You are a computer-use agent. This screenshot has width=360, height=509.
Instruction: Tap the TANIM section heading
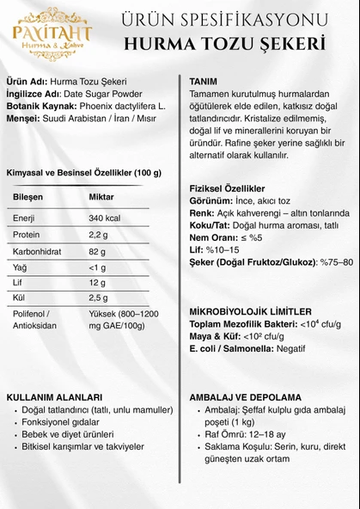[x=203, y=81]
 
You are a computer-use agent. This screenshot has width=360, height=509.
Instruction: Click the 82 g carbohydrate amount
[x=98, y=251]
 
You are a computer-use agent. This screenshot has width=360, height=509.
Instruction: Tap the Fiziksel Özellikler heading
[x=227, y=187]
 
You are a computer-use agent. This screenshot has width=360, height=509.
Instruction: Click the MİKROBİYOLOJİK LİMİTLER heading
[x=250, y=311]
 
